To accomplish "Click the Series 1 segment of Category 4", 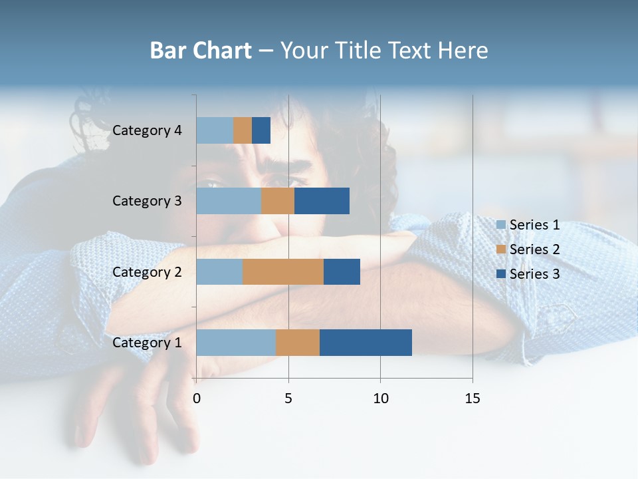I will pyautogui.click(x=215, y=130).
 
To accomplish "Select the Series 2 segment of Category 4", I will pyautogui.click(x=243, y=130).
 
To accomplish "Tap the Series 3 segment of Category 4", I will pyautogui.click(x=261, y=130).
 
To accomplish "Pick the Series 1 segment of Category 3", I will pyautogui.click(x=229, y=201).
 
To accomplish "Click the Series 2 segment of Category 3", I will pyautogui.click(x=278, y=201).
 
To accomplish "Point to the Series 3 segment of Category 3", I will pyautogui.click(x=322, y=201).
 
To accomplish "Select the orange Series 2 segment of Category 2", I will pyautogui.click(x=283, y=271).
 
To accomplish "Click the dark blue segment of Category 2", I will pyautogui.click(x=342, y=271).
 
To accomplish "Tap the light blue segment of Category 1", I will pyautogui.click(x=236, y=343).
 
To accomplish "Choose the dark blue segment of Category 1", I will pyautogui.click(x=366, y=343).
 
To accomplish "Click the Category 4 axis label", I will pyautogui.click(x=147, y=130).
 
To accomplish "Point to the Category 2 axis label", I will pyautogui.click(x=147, y=271).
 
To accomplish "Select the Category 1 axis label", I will pyautogui.click(x=147, y=343).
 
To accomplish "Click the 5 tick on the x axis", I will pyautogui.click(x=288, y=399).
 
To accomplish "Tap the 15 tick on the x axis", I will pyautogui.click(x=473, y=399).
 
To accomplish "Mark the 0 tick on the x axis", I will pyautogui.click(x=197, y=399).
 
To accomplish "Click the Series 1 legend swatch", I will pyautogui.click(x=501, y=225).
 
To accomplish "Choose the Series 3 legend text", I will pyautogui.click(x=534, y=273).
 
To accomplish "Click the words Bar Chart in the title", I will pyautogui.click(x=201, y=51).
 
